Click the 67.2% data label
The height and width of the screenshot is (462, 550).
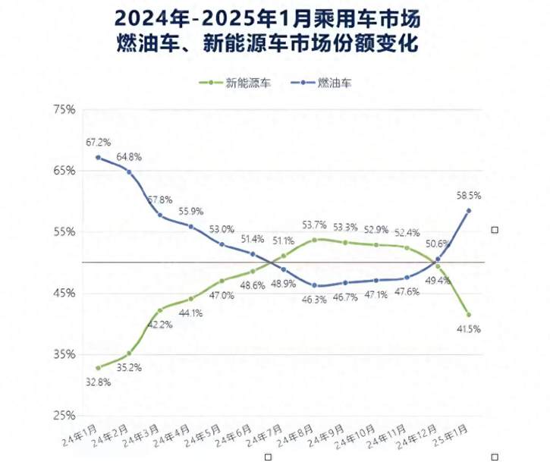click(98, 142)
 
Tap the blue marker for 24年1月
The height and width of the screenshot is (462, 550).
click(98, 157)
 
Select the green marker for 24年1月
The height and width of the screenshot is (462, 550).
click(98, 368)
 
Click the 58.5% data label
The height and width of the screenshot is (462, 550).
click(469, 195)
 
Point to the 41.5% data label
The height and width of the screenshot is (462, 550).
click(469, 328)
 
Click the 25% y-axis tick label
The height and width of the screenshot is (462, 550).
click(64, 416)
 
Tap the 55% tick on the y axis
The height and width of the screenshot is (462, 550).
click(64, 232)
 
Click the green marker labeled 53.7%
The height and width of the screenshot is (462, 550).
click(314, 240)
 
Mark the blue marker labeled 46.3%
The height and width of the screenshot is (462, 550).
click(314, 285)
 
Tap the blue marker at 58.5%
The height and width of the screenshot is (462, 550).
click(469, 211)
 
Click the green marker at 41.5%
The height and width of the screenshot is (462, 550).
click(469, 315)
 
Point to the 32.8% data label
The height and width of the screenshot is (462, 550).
click(98, 382)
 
